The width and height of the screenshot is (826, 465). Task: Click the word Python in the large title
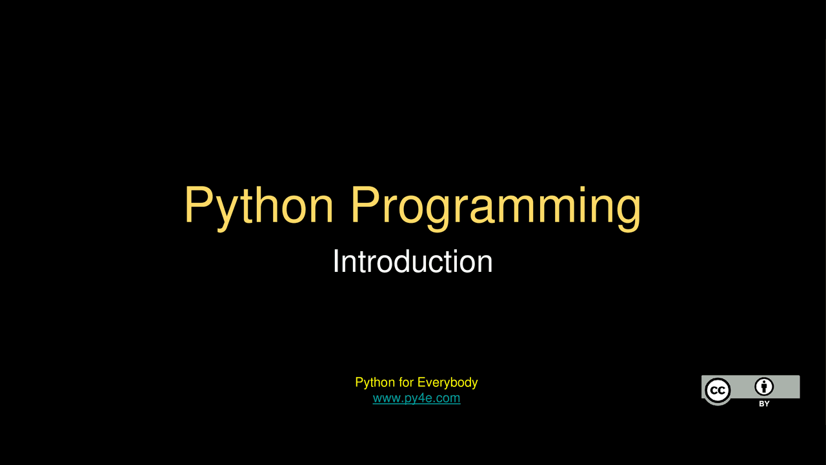point(259,206)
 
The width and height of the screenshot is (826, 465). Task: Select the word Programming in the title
point(496,206)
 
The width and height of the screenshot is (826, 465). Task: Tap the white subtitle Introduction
point(412,262)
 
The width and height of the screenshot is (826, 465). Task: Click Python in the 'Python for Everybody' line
point(375,382)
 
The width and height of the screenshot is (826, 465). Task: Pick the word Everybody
point(447,382)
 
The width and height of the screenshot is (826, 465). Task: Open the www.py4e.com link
point(416,398)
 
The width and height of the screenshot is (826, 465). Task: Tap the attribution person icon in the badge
point(764,387)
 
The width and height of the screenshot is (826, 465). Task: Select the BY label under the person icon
point(764,404)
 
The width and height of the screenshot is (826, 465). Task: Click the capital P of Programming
point(365,205)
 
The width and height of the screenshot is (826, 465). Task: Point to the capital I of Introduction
point(336,262)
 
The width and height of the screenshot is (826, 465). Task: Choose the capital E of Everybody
point(421,382)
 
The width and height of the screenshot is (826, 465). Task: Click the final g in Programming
point(627,210)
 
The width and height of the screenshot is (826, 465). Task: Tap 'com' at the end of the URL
point(448,398)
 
